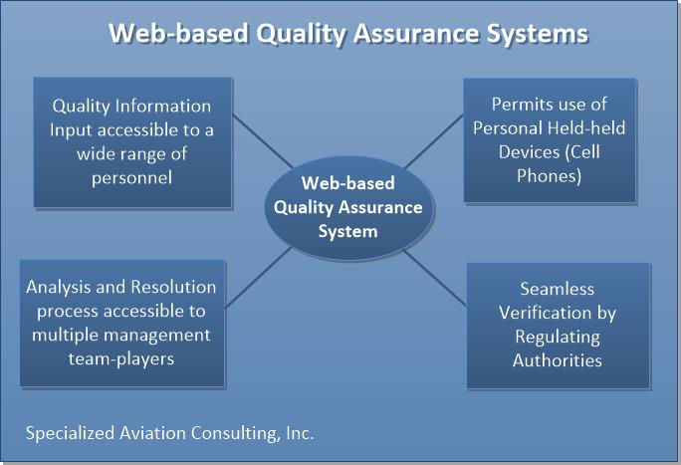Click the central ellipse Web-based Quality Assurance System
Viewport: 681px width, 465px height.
[x=347, y=207]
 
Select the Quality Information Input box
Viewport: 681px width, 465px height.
[x=131, y=141]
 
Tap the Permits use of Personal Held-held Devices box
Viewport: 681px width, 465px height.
[x=550, y=139]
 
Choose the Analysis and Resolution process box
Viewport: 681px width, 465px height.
[x=120, y=323]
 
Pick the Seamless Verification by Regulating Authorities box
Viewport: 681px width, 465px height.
[x=558, y=325]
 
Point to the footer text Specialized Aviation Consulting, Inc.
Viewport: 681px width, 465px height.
[x=169, y=434]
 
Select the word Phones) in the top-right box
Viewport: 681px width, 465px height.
[x=549, y=175]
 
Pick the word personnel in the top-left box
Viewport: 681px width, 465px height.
[x=131, y=177]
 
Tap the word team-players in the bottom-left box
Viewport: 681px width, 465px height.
[x=120, y=358]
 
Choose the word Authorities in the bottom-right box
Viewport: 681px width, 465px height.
[x=558, y=359]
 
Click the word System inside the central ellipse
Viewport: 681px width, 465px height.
[x=347, y=231]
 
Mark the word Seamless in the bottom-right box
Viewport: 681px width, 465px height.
[x=558, y=289]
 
